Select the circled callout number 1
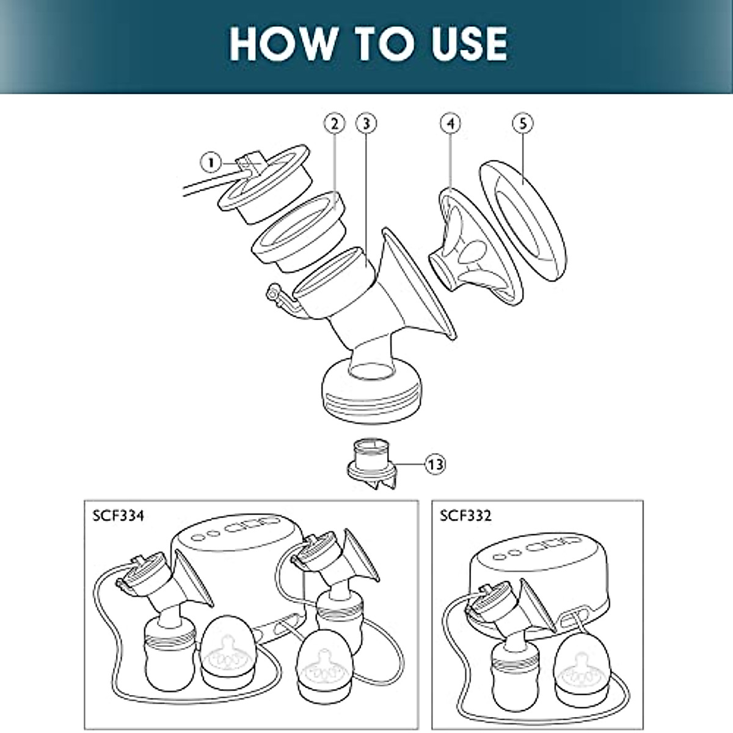point(211,162)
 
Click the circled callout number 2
point(334,124)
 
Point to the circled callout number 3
point(366,124)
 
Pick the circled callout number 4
point(450,124)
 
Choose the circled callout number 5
point(523,124)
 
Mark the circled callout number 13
point(436,464)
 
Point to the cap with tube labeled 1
point(269,183)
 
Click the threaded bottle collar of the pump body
point(370,391)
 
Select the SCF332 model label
point(465,516)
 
